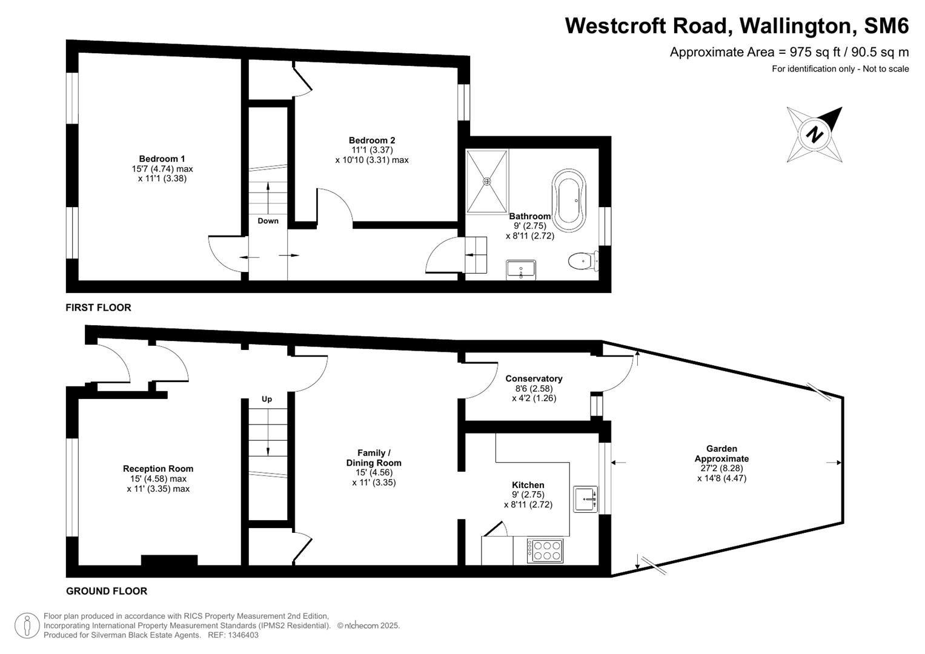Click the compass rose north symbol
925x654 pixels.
click(x=814, y=134)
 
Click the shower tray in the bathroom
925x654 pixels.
click(x=487, y=181)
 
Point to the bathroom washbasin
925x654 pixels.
click(x=521, y=269)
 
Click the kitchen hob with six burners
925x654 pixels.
click(x=545, y=550)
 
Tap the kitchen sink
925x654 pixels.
click(x=585, y=499)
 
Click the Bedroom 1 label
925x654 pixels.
click(x=162, y=159)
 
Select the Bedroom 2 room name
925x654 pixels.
click(x=372, y=140)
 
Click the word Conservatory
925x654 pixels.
click(x=534, y=378)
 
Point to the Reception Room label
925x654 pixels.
click(x=158, y=468)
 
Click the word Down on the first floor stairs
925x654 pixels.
click(x=268, y=220)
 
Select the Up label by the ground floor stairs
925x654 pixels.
click(x=267, y=399)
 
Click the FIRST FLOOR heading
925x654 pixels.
click(x=98, y=308)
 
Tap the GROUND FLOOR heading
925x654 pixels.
click(x=107, y=591)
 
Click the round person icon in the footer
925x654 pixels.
click(x=27, y=626)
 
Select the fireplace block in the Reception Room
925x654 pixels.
click(x=169, y=560)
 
